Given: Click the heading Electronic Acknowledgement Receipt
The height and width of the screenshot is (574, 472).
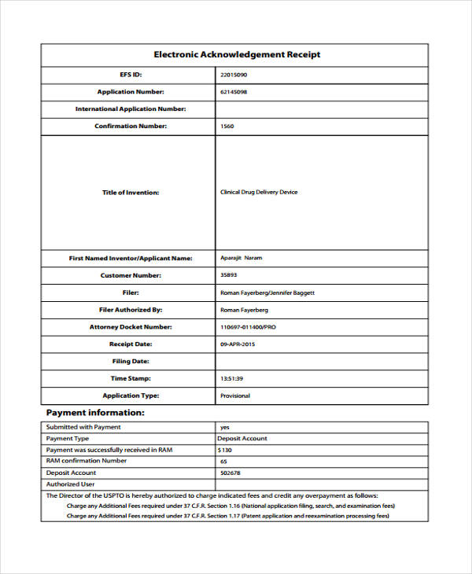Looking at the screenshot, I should [x=236, y=55].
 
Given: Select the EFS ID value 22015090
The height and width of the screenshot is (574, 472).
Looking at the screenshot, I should [x=234, y=75].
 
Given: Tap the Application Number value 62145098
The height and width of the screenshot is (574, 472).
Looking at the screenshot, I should [x=234, y=93].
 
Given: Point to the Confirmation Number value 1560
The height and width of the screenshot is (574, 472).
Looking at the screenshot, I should [x=227, y=127].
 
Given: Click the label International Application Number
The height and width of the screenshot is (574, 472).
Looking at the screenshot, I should [x=131, y=109].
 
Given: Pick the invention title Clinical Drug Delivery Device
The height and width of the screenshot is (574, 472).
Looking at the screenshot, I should [x=259, y=193].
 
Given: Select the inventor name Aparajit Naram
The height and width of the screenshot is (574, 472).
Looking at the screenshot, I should [x=242, y=258].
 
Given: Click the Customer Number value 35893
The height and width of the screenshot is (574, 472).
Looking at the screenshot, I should [x=229, y=275].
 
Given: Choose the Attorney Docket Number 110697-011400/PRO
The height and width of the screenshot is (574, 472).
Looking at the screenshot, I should [x=249, y=327].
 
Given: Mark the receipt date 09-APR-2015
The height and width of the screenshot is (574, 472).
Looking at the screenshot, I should [x=238, y=344].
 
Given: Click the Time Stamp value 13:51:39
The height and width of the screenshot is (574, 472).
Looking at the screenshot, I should [x=232, y=379].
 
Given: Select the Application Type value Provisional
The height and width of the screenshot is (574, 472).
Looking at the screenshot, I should [x=235, y=396].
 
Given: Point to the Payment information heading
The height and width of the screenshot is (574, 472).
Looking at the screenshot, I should [x=95, y=413].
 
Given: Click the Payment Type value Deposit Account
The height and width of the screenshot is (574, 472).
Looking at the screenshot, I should [x=242, y=439].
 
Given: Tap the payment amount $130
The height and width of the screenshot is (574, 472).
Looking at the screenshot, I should [x=225, y=450].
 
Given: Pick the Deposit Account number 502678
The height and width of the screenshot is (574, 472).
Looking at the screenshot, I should [x=230, y=473].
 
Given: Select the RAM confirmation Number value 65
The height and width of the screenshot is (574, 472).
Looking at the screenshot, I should [x=223, y=462].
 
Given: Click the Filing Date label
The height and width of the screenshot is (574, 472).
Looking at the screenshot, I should [x=131, y=362].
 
